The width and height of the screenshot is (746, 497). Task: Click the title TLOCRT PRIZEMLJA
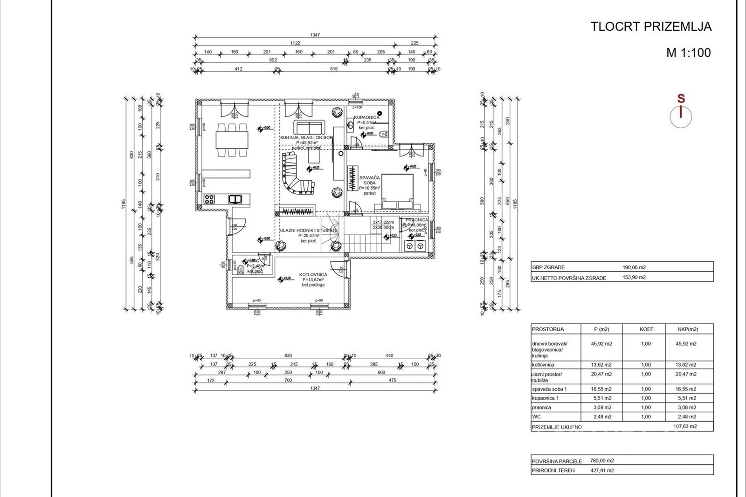[651, 27]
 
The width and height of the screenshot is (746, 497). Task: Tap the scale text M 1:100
[688, 53]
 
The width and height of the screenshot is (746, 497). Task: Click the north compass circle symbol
[681, 117]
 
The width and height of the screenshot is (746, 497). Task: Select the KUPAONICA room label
[366, 117]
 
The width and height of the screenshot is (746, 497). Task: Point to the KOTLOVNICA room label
[313, 275]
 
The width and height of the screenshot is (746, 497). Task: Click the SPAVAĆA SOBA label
[369, 180]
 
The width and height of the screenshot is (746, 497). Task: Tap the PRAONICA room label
[416, 220]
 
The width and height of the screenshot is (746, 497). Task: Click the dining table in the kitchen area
[232, 140]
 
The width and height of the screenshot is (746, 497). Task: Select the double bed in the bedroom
[397, 191]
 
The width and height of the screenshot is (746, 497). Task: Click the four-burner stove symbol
[209, 199]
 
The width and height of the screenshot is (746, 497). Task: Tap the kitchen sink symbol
[235, 199]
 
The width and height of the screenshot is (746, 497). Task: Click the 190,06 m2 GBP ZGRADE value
[634, 267]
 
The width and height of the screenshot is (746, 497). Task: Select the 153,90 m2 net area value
[634, 278]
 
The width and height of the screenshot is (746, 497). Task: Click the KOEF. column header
[647, 329]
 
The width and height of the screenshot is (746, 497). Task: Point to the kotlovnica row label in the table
[543, 365]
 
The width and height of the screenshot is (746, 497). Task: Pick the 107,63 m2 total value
[685, 426]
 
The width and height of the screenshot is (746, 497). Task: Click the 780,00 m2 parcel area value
[602, 461]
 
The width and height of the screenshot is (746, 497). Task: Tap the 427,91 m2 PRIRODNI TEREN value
[602, 470]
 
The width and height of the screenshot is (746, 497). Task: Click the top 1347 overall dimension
[315, 35]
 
